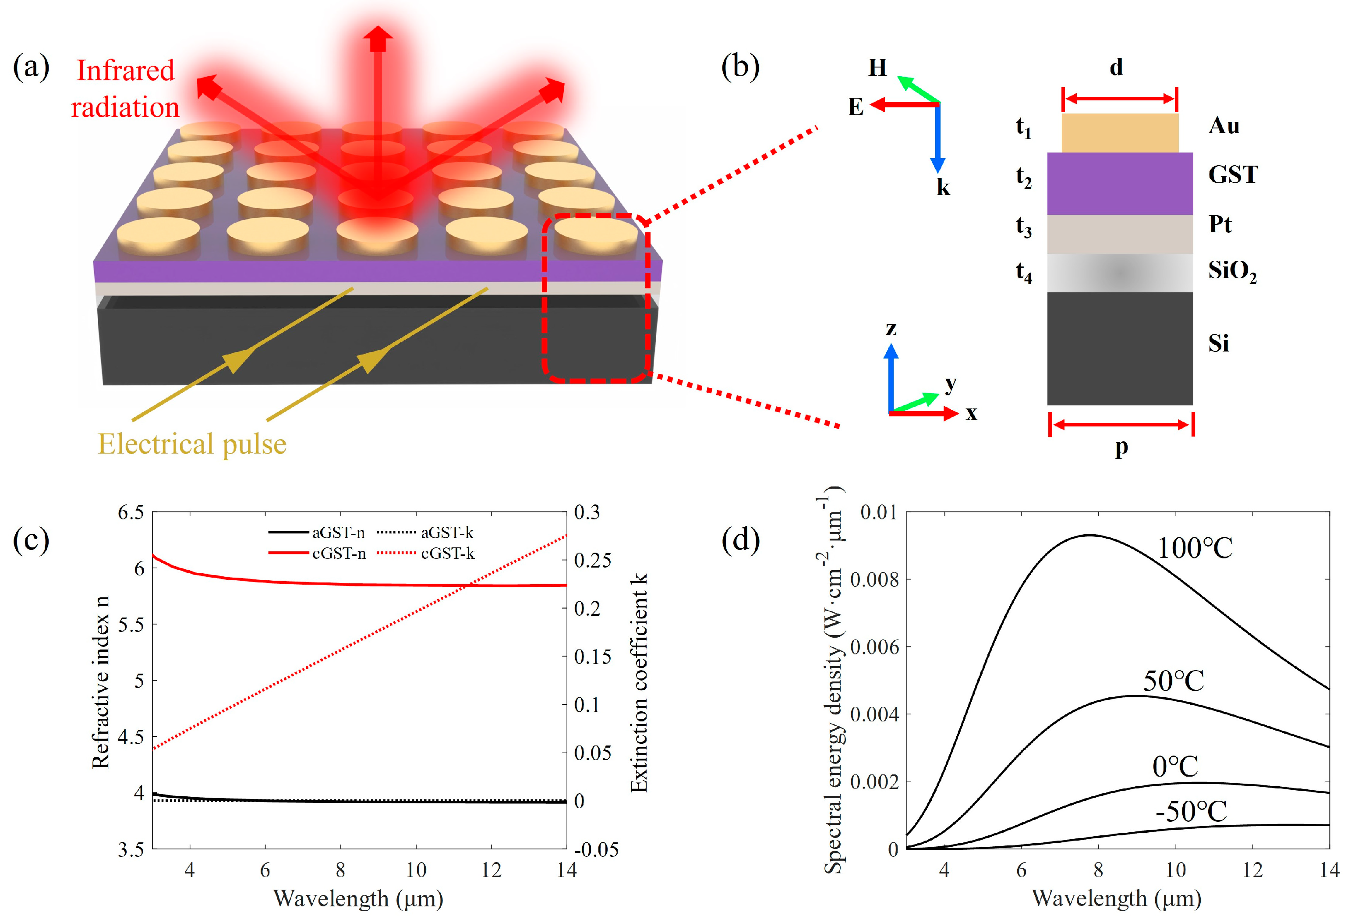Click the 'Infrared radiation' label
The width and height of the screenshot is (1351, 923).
(x=125, y=89)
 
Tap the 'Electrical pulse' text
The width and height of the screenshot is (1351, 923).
(x=192, y=444)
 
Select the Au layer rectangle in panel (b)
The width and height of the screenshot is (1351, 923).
(x=1120, y=133)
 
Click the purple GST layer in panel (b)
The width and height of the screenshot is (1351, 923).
(x=1120, y=183)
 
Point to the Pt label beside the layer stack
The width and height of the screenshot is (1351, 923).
(x=1220, y=224)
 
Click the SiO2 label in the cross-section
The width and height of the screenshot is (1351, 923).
(x=1232, y=271)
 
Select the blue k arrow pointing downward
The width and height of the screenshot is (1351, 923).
(x=937, y=139)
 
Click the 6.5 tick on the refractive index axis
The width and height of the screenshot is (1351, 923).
(x=131, y=512)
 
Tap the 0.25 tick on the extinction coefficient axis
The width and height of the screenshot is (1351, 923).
(x=592, y=560)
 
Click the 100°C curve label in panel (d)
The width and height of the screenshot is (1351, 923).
(x=1195, y=548)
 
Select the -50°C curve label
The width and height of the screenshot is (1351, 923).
(x=1191, y=811)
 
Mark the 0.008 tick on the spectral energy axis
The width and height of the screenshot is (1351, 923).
(x=874, y=579)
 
